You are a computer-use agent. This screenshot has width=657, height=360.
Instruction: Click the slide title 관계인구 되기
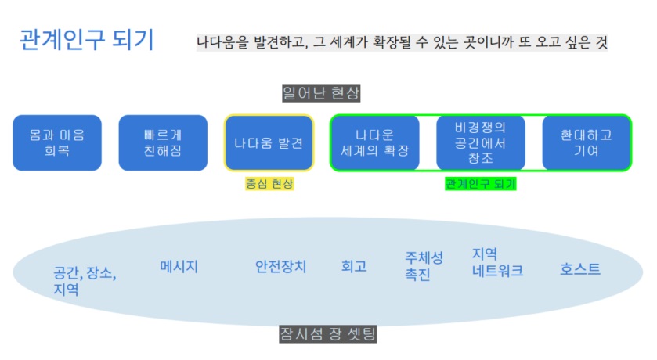click(87, 40)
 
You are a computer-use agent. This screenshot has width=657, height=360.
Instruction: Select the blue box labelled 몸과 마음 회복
click(57, 142)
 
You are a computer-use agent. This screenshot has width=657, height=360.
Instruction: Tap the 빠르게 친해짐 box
click(163, 142)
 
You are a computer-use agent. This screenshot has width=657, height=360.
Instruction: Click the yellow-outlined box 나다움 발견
click(269, 142)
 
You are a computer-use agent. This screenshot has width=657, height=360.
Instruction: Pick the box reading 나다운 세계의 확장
click(374, 142)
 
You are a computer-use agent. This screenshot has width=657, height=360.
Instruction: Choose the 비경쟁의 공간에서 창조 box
click(481, 142)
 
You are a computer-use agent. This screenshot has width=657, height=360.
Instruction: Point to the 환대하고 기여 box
click(587, 142)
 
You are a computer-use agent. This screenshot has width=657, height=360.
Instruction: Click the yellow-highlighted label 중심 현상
click(269, 183)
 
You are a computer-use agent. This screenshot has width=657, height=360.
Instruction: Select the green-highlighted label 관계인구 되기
click(481, 183)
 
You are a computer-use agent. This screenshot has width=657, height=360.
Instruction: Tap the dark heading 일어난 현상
click(321, 93)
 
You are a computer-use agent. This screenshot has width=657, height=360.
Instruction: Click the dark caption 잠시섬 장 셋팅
click(327, 334)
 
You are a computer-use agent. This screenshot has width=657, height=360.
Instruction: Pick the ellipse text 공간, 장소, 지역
click(85, 281)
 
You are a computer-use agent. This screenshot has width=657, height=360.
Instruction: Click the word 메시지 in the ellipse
click(179, 266)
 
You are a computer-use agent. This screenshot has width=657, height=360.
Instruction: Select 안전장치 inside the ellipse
click(281, 266)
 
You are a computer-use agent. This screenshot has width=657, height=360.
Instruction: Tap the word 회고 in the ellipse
click(354, 266)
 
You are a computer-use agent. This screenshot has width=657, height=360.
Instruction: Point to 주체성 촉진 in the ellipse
click(424, 266)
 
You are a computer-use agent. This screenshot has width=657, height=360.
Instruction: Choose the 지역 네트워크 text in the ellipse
click(497, 262)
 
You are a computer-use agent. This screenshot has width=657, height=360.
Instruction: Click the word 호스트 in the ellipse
click(580, 268)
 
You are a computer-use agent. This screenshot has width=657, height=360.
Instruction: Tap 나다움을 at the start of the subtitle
click(222, 41)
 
